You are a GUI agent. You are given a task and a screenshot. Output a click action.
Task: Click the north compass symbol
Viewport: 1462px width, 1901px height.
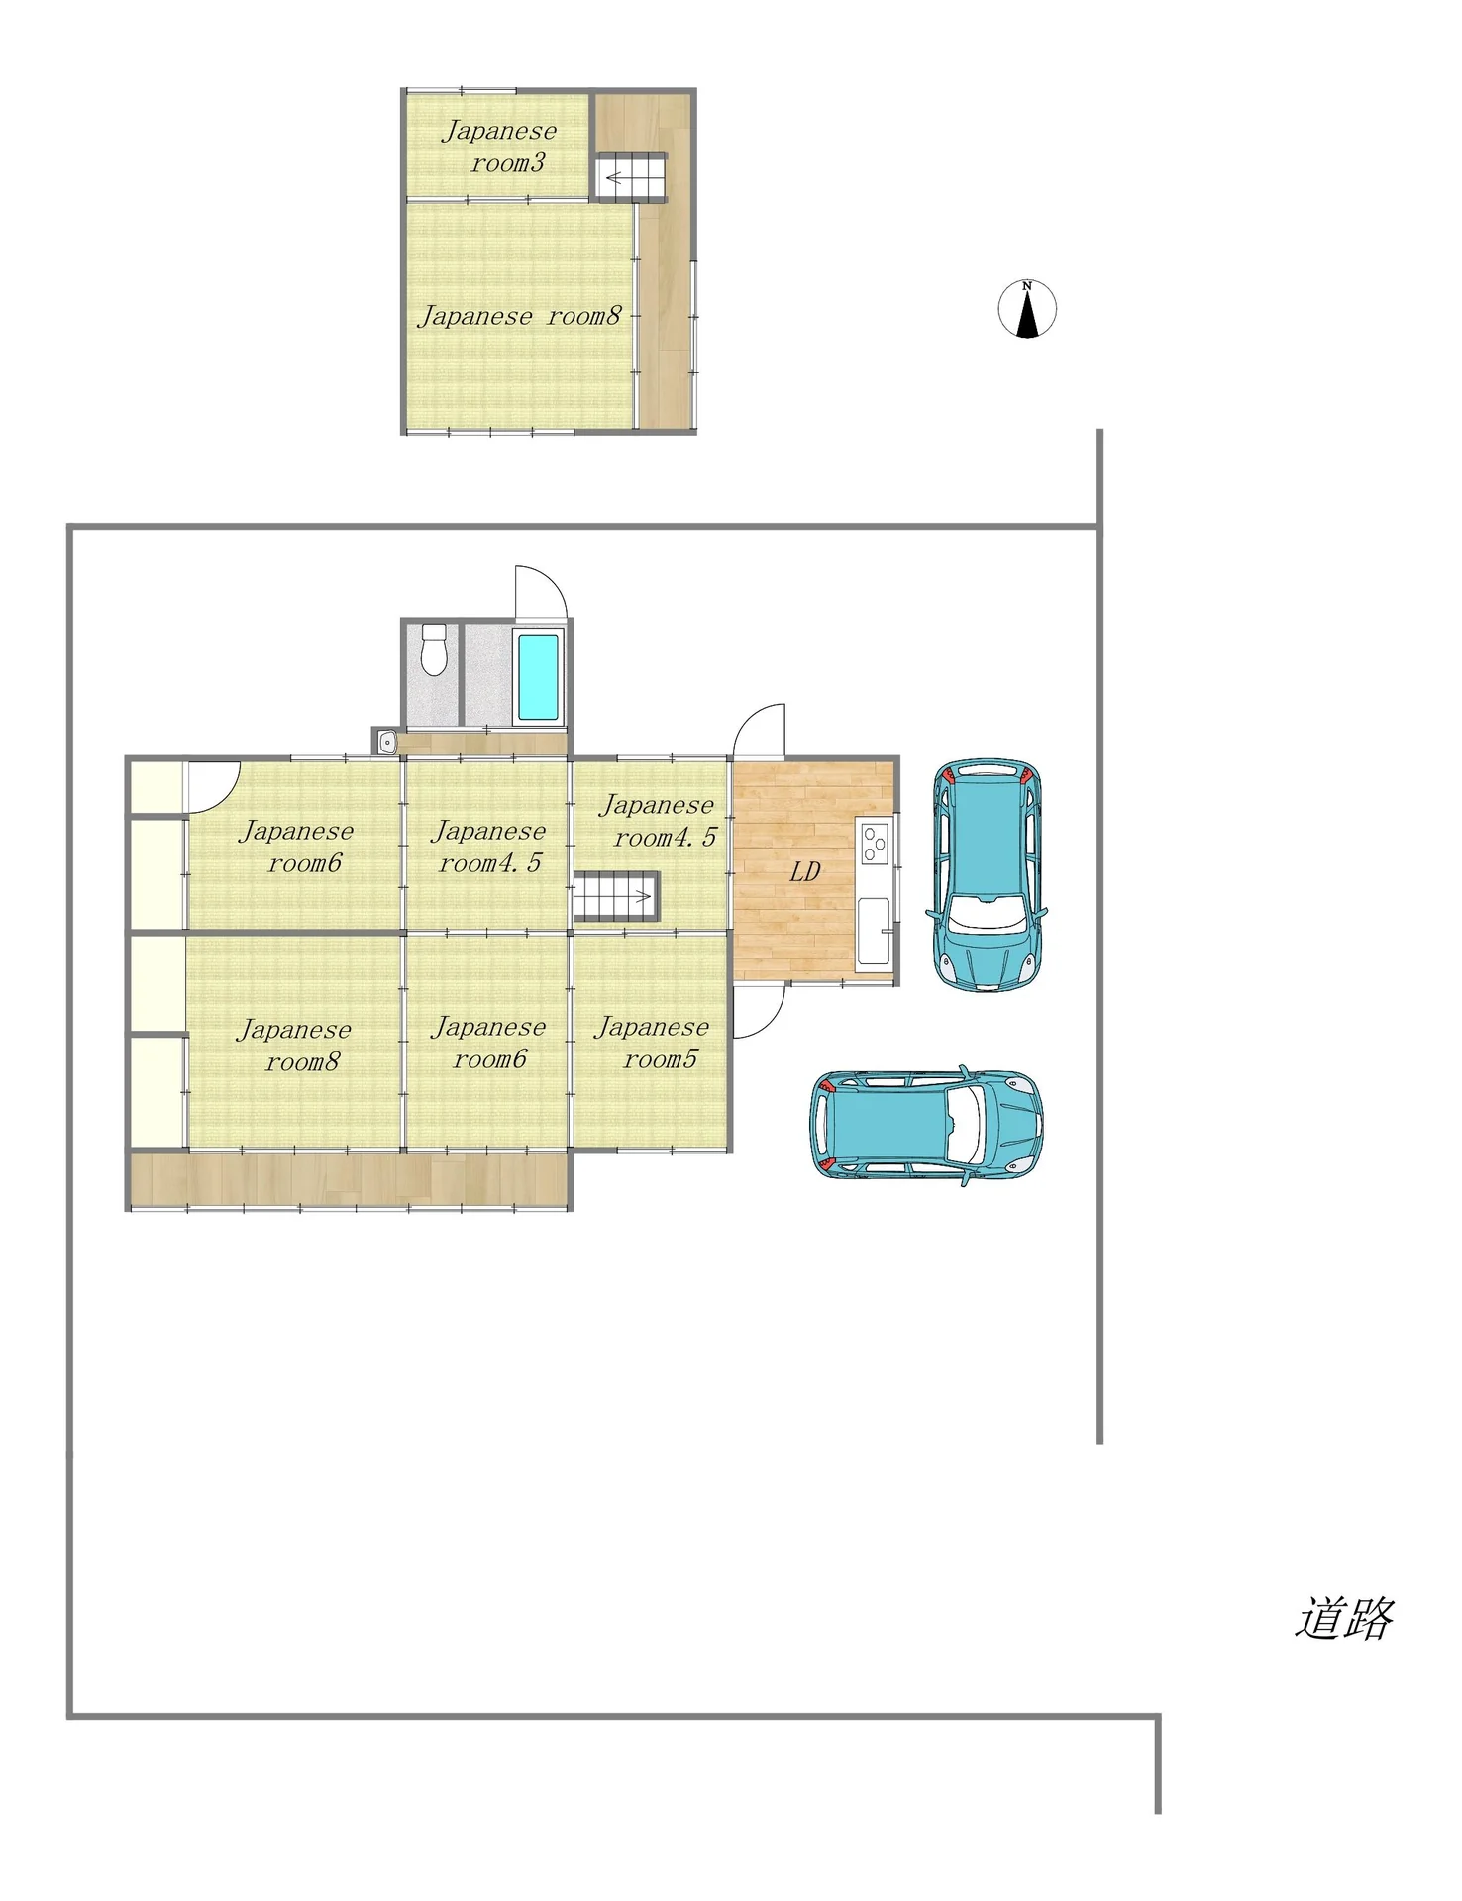[x=1027, y=309]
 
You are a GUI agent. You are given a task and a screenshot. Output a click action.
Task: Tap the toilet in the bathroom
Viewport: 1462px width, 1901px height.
[x=434, y=650]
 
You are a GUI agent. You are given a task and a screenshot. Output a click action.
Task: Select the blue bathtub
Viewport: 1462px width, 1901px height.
[x=538, y=676]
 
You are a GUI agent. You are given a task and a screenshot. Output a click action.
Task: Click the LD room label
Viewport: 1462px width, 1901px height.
[x=805, y=871]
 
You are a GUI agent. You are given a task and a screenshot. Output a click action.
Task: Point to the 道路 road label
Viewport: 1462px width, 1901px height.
[x=1344, y=1618]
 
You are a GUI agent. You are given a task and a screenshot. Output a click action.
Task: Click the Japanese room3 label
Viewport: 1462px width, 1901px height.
[x=499, y=147]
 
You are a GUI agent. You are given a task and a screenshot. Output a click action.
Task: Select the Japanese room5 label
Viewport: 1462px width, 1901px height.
[x=652, y=1043]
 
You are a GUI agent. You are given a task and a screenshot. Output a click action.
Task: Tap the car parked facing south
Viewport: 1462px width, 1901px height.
[x=988, y=875]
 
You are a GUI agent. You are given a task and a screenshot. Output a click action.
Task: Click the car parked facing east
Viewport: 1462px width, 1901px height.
[x=926, y=1125]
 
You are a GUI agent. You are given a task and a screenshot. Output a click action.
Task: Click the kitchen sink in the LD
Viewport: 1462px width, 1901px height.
[x=874, y=931]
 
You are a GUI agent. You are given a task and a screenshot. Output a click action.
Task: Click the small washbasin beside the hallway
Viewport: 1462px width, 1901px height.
[x=387, y=742]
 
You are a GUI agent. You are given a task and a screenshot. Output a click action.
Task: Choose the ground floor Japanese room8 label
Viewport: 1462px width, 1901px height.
[x=294, y=1046]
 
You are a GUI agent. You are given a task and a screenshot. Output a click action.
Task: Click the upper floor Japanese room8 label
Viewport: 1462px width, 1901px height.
[x=519, y=316]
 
